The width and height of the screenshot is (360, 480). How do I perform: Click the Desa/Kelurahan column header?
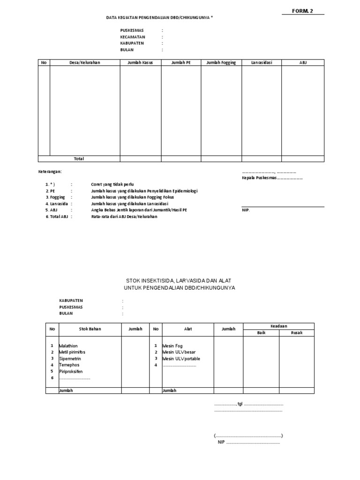coord(84,62)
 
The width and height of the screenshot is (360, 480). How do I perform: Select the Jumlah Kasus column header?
coord(141,62)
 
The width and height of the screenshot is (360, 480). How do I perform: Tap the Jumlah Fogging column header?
coord(221,62)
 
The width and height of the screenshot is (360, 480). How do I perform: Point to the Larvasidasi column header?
coord(262,62)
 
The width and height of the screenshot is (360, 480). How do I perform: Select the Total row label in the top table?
coord(79,159)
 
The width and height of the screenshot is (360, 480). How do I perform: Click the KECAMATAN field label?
coord(133,37)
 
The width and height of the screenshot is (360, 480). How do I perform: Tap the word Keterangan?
coord(50,172)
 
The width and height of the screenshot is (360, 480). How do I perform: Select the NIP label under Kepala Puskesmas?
coord(246,210)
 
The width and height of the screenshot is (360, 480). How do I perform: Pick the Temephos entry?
coord(69,365)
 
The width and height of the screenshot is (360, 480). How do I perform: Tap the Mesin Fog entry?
coord(173,345)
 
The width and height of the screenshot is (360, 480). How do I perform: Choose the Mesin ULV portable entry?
coord(181,359)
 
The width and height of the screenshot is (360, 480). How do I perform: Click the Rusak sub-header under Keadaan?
coord(296,333)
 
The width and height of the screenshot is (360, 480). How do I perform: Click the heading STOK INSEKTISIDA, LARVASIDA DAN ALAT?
coord(180,280)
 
